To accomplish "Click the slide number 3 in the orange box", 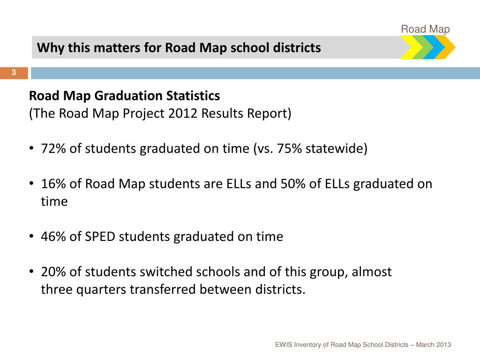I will tap(14, 73).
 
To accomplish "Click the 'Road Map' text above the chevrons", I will tap(425, 30).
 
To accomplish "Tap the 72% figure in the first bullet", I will tap(53, 149).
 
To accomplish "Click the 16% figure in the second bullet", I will tap(53, 184).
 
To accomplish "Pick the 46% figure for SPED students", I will tap(53, 237).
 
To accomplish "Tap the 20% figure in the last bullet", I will tap(53, 272).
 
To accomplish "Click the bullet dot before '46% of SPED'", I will tap(31, 237).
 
